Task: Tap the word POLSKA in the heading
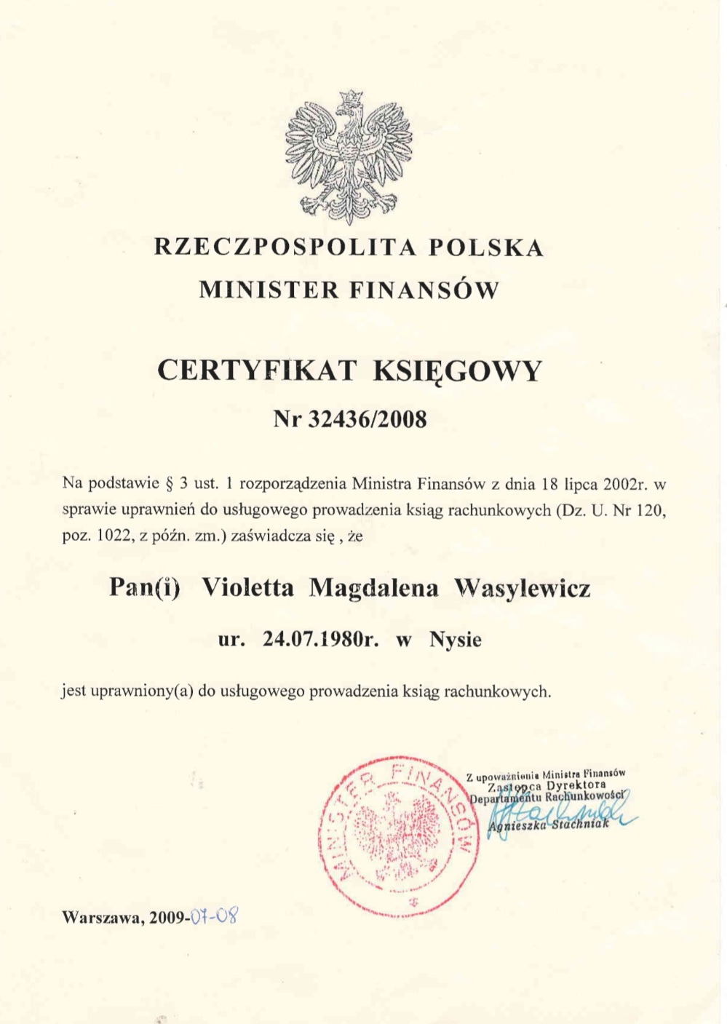point(486,247)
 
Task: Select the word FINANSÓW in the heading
point(424,290)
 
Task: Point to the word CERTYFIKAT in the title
point(256,370)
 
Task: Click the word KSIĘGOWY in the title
point(457,371)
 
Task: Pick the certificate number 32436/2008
point(368,419)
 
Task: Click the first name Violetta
point(247,587)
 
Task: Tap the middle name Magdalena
point(374,587)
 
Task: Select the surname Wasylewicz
point(522,587)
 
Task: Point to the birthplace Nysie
point(455,640)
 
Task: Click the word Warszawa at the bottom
point(101,918)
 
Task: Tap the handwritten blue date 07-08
point(215,916)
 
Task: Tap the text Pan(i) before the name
point(144,587)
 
